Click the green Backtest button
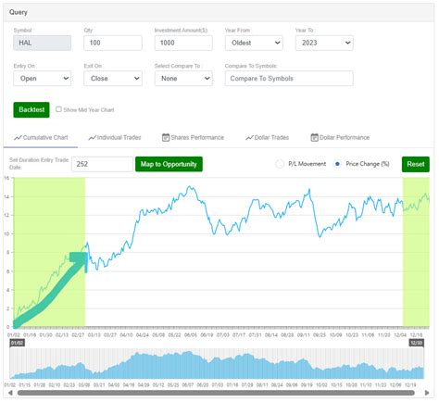(x=31, y=109)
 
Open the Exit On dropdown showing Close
(x=114, y=80)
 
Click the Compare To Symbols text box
(x=288, y=80)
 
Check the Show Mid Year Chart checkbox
(x=59, y=108)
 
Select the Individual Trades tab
(x=115, y=137)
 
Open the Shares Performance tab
(x=193, y=137)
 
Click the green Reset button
(x=416, y=164)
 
